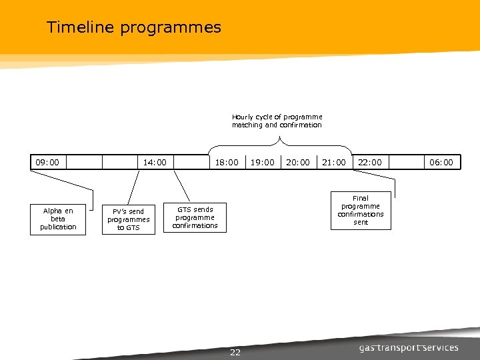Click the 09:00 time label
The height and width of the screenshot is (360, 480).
(47, 162)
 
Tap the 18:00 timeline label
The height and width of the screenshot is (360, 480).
(226, 162)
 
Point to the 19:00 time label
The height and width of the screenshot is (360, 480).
(262, 162)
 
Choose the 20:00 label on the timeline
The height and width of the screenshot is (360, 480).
(298, 162)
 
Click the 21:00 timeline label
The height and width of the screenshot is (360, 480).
(334, 162)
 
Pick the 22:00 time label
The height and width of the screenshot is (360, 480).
(370, 162)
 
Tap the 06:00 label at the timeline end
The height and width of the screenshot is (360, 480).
(441, 162)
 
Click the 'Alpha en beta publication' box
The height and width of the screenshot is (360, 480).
(58, 219)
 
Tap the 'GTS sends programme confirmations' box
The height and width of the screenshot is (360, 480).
(195, 217)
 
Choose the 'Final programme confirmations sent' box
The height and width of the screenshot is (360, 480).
(361, 210)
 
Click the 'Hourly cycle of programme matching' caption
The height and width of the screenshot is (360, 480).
(277, 121)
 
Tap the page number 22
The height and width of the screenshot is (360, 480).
(235, 352)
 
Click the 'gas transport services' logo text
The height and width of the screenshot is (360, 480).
(409, 347)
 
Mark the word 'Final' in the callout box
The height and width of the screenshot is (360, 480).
(361, 198)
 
